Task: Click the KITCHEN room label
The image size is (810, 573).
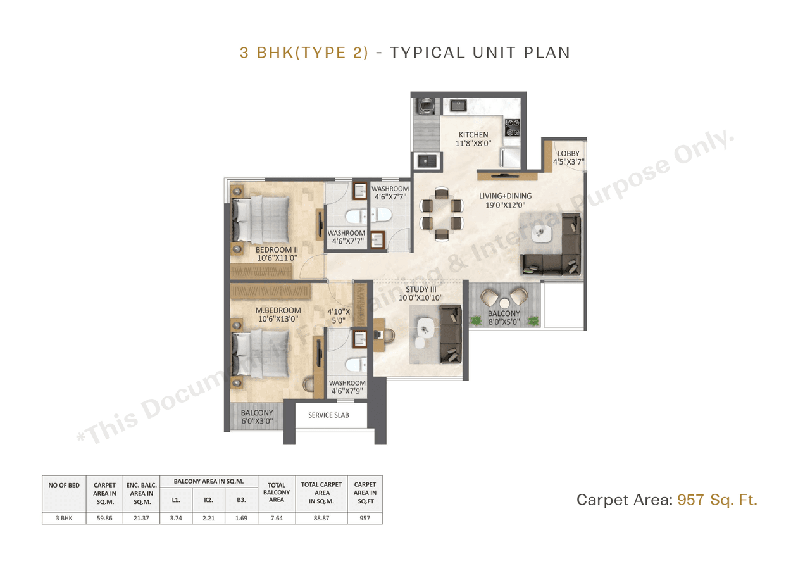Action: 473,135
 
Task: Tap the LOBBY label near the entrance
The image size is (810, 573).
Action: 568,154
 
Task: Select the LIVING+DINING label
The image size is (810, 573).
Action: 505,196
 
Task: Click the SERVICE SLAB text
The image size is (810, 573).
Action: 328,415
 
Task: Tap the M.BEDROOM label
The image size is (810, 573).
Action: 278,310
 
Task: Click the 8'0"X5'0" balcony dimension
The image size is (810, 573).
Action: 504,322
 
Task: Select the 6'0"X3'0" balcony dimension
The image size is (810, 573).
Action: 256,421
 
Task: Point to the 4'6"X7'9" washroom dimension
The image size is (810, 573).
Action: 347,391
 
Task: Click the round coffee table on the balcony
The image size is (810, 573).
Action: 504,303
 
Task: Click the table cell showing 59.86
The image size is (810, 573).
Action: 104,518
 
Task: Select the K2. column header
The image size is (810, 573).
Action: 208,500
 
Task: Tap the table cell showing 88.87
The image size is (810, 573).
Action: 321,518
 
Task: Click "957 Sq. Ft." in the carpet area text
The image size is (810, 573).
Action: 717,500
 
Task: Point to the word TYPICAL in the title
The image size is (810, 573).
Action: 427,53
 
